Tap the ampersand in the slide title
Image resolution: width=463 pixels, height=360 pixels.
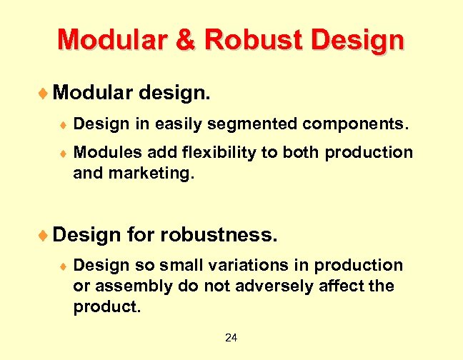[185, 40]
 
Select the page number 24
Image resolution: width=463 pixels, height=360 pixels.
[231, 337]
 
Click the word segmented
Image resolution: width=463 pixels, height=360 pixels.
[252, 124]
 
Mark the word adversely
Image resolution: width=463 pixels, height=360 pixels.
[276, 286]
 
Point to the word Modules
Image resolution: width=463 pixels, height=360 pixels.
[105, 152]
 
